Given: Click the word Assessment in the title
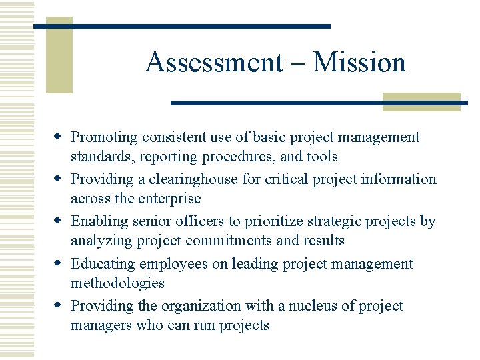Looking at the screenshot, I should pos(214,63).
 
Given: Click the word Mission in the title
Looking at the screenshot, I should pos(359,63).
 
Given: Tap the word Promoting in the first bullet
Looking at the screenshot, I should pos(104,137).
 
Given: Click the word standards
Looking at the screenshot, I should pos(103,157).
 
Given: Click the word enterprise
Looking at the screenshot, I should pos(167,199).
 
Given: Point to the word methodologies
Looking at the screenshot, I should pos(117,283).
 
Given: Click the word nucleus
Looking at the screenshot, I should pos(321,306).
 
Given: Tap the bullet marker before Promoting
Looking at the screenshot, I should pos(59,137).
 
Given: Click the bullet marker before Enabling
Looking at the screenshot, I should pos(59,221).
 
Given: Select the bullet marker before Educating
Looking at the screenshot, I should pos(59,263).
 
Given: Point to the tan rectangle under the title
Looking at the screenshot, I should pos(421,101).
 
